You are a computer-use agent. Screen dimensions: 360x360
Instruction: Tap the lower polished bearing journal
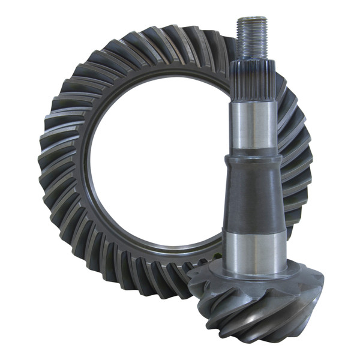coord(255,248)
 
